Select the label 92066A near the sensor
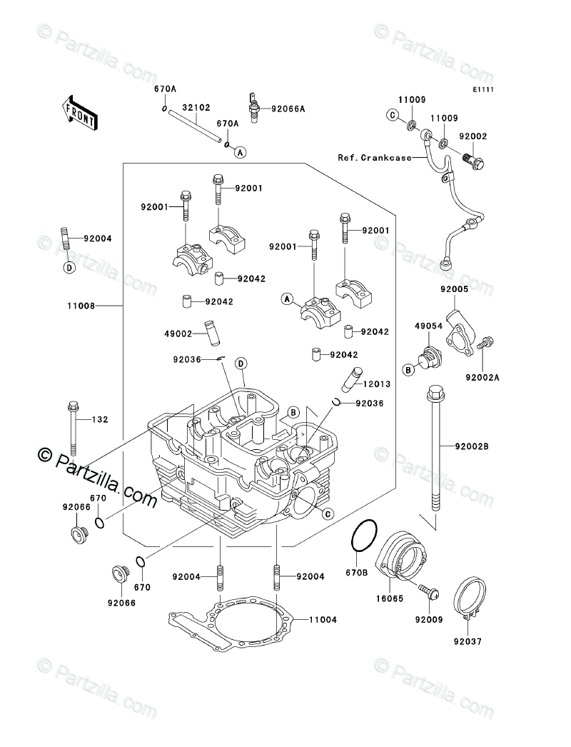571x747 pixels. click(288, 109)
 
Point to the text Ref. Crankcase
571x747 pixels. click(375, 157)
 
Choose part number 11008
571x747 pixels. click(83, 306)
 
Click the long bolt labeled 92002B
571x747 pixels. click(435, 450)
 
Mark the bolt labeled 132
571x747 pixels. click(73, 428)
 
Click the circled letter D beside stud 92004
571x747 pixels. click(69, 268)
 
